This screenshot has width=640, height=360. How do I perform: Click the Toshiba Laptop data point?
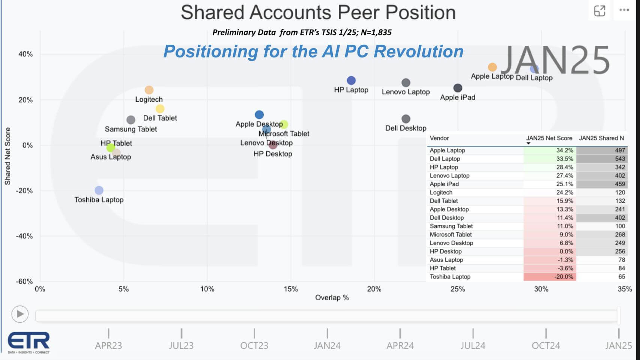(x=99, y=190)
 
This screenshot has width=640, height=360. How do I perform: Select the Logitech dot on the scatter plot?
(x=149, y=90)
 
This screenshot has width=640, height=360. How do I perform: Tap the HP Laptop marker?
(x=351, y=80)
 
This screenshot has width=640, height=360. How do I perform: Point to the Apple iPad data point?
(x=458, y=88)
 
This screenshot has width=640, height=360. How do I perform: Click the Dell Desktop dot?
(x=406, y=119)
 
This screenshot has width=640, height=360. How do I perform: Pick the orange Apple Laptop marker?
(x=492, y=67)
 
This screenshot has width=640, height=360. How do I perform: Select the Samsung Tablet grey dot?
(x=131, y=120)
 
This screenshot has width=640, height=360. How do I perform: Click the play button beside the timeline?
(x=20, y=314)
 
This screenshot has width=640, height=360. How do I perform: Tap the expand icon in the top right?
(x=599, y=11)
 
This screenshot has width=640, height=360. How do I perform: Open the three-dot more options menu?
(x=624, y=10)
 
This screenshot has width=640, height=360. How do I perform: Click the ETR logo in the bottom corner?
(x=29, y=342)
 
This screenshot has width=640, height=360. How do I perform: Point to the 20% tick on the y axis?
(x=26, y=100)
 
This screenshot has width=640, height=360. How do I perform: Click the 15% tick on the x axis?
(x=291, y=289)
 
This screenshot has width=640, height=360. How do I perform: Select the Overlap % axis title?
(x=332, y=298)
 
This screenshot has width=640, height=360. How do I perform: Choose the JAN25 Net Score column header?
(x=549, y=138)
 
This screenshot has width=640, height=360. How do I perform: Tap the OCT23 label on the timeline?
(x=254, y=345)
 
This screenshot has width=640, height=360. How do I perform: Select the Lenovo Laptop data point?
(x=406, y=83)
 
